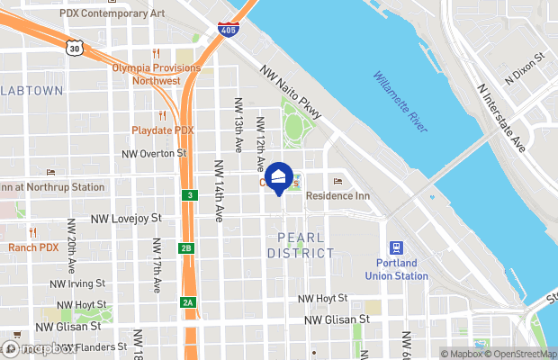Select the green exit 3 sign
tap(189, 195)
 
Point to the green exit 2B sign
tap(187, 248)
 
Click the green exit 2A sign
tap(187, 303)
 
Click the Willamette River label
tap(400, 102)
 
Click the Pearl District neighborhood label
tap(301, 245)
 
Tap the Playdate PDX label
tap(163, 130)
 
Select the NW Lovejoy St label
tap(126, 219)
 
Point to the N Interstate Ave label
tap(501, 118)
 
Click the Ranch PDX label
tap(33, 247)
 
